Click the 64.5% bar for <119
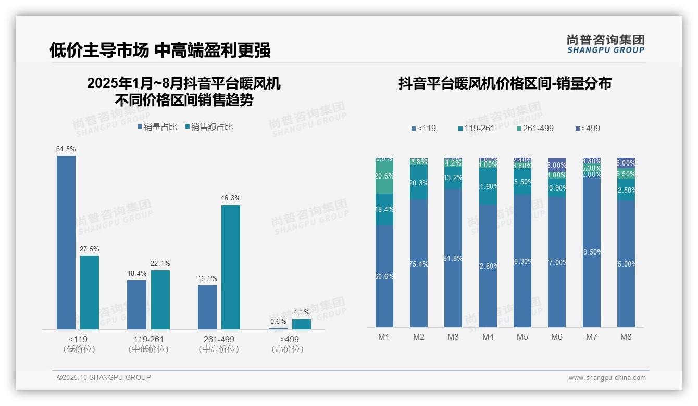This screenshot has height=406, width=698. point(66,243)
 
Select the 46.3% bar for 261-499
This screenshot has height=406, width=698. point(231,267)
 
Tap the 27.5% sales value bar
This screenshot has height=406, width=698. point(90,292)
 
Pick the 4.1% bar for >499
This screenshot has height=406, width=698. point(301,324)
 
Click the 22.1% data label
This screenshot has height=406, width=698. point(160,263)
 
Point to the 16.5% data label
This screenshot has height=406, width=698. point(207,279)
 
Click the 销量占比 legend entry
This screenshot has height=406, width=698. point(157,127)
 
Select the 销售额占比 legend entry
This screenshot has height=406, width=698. point(209,127)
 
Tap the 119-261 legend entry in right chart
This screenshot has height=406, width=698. point(476,128)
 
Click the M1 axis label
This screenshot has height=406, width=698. point(384,337)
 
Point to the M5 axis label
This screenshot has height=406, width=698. point(522,337)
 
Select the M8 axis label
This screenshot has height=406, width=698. point(626,337)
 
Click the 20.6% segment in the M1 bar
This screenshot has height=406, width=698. point(384,176)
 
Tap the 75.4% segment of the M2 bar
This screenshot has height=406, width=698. point(419,263)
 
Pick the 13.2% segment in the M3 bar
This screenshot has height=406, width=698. point(453,177)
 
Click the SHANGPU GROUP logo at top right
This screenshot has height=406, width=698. point(605,44)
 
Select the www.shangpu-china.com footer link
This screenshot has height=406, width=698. point(607,378)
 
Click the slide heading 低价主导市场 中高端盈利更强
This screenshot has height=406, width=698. point(160,50)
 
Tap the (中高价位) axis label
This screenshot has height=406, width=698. point(219,349)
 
